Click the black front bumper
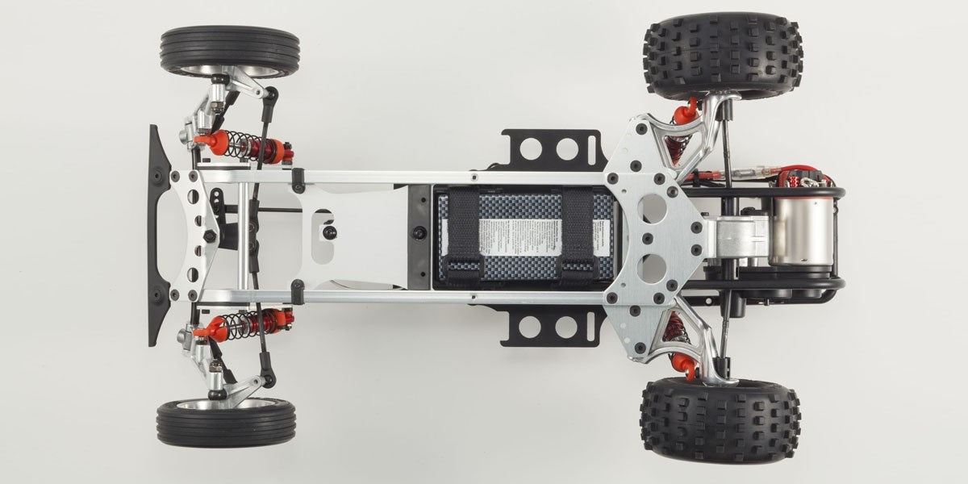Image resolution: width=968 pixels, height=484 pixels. (157, 235)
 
